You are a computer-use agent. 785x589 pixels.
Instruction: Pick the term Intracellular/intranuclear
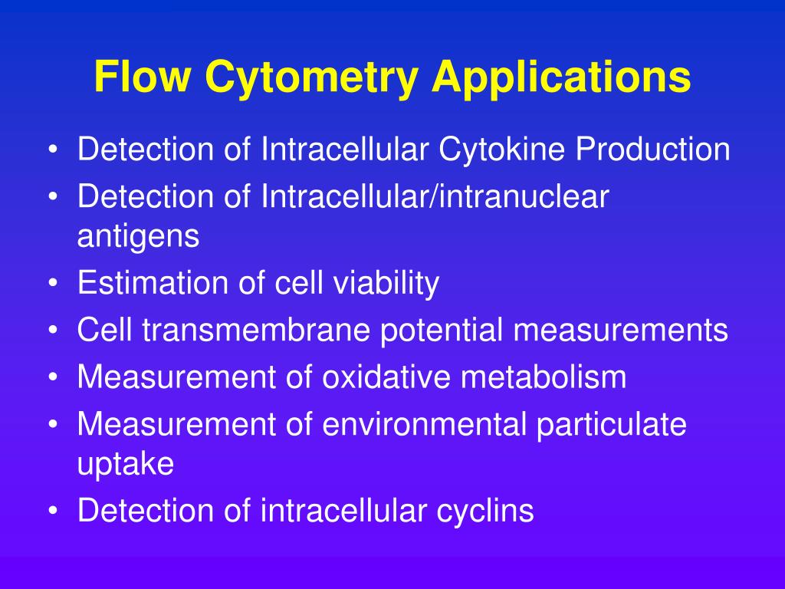435,197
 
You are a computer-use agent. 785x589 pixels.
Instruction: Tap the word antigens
138,237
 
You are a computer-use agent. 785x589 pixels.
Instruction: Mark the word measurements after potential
620,331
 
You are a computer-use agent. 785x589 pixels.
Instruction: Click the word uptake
126,465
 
